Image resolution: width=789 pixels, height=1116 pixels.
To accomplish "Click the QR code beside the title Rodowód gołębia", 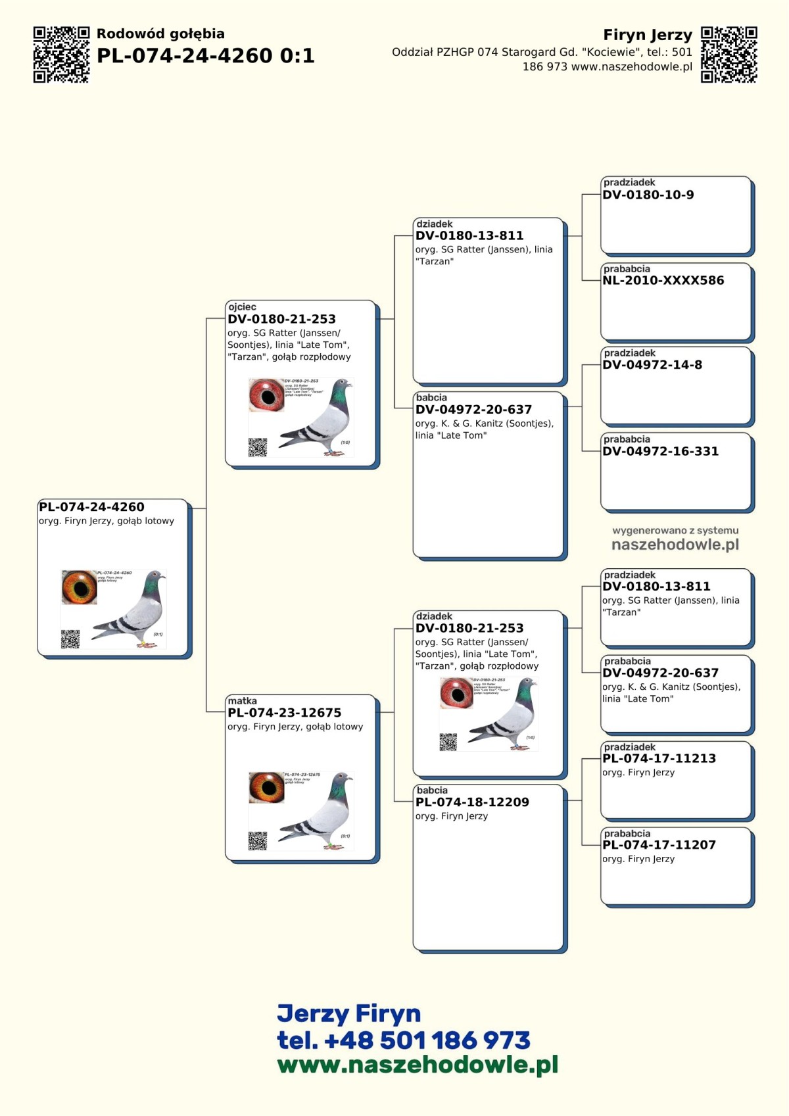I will pyautogui.click(x=61, y=55).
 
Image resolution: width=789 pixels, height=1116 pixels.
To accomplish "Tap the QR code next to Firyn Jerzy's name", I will pyautogui.click(x=729, y=55).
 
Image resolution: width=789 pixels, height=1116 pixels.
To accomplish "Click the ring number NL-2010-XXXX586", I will pyautogui.click(x=663, y=281).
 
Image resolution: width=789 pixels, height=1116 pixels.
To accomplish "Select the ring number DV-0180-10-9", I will pyautogui.click(x=648, y=195).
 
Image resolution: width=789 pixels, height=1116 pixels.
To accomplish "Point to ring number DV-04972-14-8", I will pyautogui.click(x=652, y=365).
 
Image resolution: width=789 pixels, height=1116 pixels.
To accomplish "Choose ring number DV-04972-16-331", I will pyautogui.click(x=660, y=452).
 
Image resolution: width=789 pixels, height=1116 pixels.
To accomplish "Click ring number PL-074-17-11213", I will pyautogui.click(x=659, y=759).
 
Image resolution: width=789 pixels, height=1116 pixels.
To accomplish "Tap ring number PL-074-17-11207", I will pyautogui.click(x=659, y=845).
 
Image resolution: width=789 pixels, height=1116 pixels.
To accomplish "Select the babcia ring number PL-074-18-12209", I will pyautogui.click(x=471, y=802).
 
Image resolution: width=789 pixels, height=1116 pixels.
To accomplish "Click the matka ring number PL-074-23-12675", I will pyautogui.click(x=284, y=713).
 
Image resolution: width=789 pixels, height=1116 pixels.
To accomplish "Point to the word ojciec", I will pyautogui.click(x=242, y=307).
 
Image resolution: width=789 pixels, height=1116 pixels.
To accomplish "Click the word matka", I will pyautogui.click(x=242, y=701).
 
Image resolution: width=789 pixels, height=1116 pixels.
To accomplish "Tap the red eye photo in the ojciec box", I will pyautogui.click(x=266, y=395).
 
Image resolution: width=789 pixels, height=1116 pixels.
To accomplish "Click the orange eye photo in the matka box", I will pyautogui.click(x=266, y=787).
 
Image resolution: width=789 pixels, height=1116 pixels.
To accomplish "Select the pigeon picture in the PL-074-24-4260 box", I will pyautogui.click(x=135, y=609).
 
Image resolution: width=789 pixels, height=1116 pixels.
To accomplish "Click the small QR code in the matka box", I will pyautogui.click(x=257, y=840).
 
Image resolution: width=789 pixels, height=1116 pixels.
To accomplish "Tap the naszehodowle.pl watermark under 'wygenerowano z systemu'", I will pyautogui.click(x=675, y=545).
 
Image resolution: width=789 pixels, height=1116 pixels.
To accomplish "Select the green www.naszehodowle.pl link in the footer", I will pyautogui.click(x=417, y=1065).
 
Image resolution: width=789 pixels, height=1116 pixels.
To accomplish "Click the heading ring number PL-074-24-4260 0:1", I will pyautogui.click(x=205, y=56).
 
